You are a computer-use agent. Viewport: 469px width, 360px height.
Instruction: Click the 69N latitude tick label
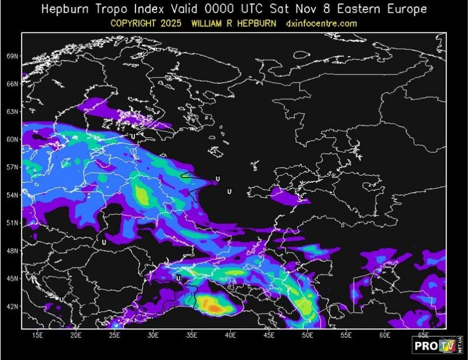pos(12,56)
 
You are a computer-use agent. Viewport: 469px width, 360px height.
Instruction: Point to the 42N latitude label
pos(12,306)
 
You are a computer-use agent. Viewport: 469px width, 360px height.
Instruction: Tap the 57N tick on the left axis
pos(12,167)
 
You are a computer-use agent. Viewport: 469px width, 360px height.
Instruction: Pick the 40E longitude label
pos(230,335)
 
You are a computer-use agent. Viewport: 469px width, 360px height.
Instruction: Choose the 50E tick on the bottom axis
pos(307,335)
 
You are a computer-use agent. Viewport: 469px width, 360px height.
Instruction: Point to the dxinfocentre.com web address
pos(321,23)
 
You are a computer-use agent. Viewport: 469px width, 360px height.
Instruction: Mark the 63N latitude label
pos(12,111)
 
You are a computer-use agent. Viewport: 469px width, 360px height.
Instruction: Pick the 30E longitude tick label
pos(154,335)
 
